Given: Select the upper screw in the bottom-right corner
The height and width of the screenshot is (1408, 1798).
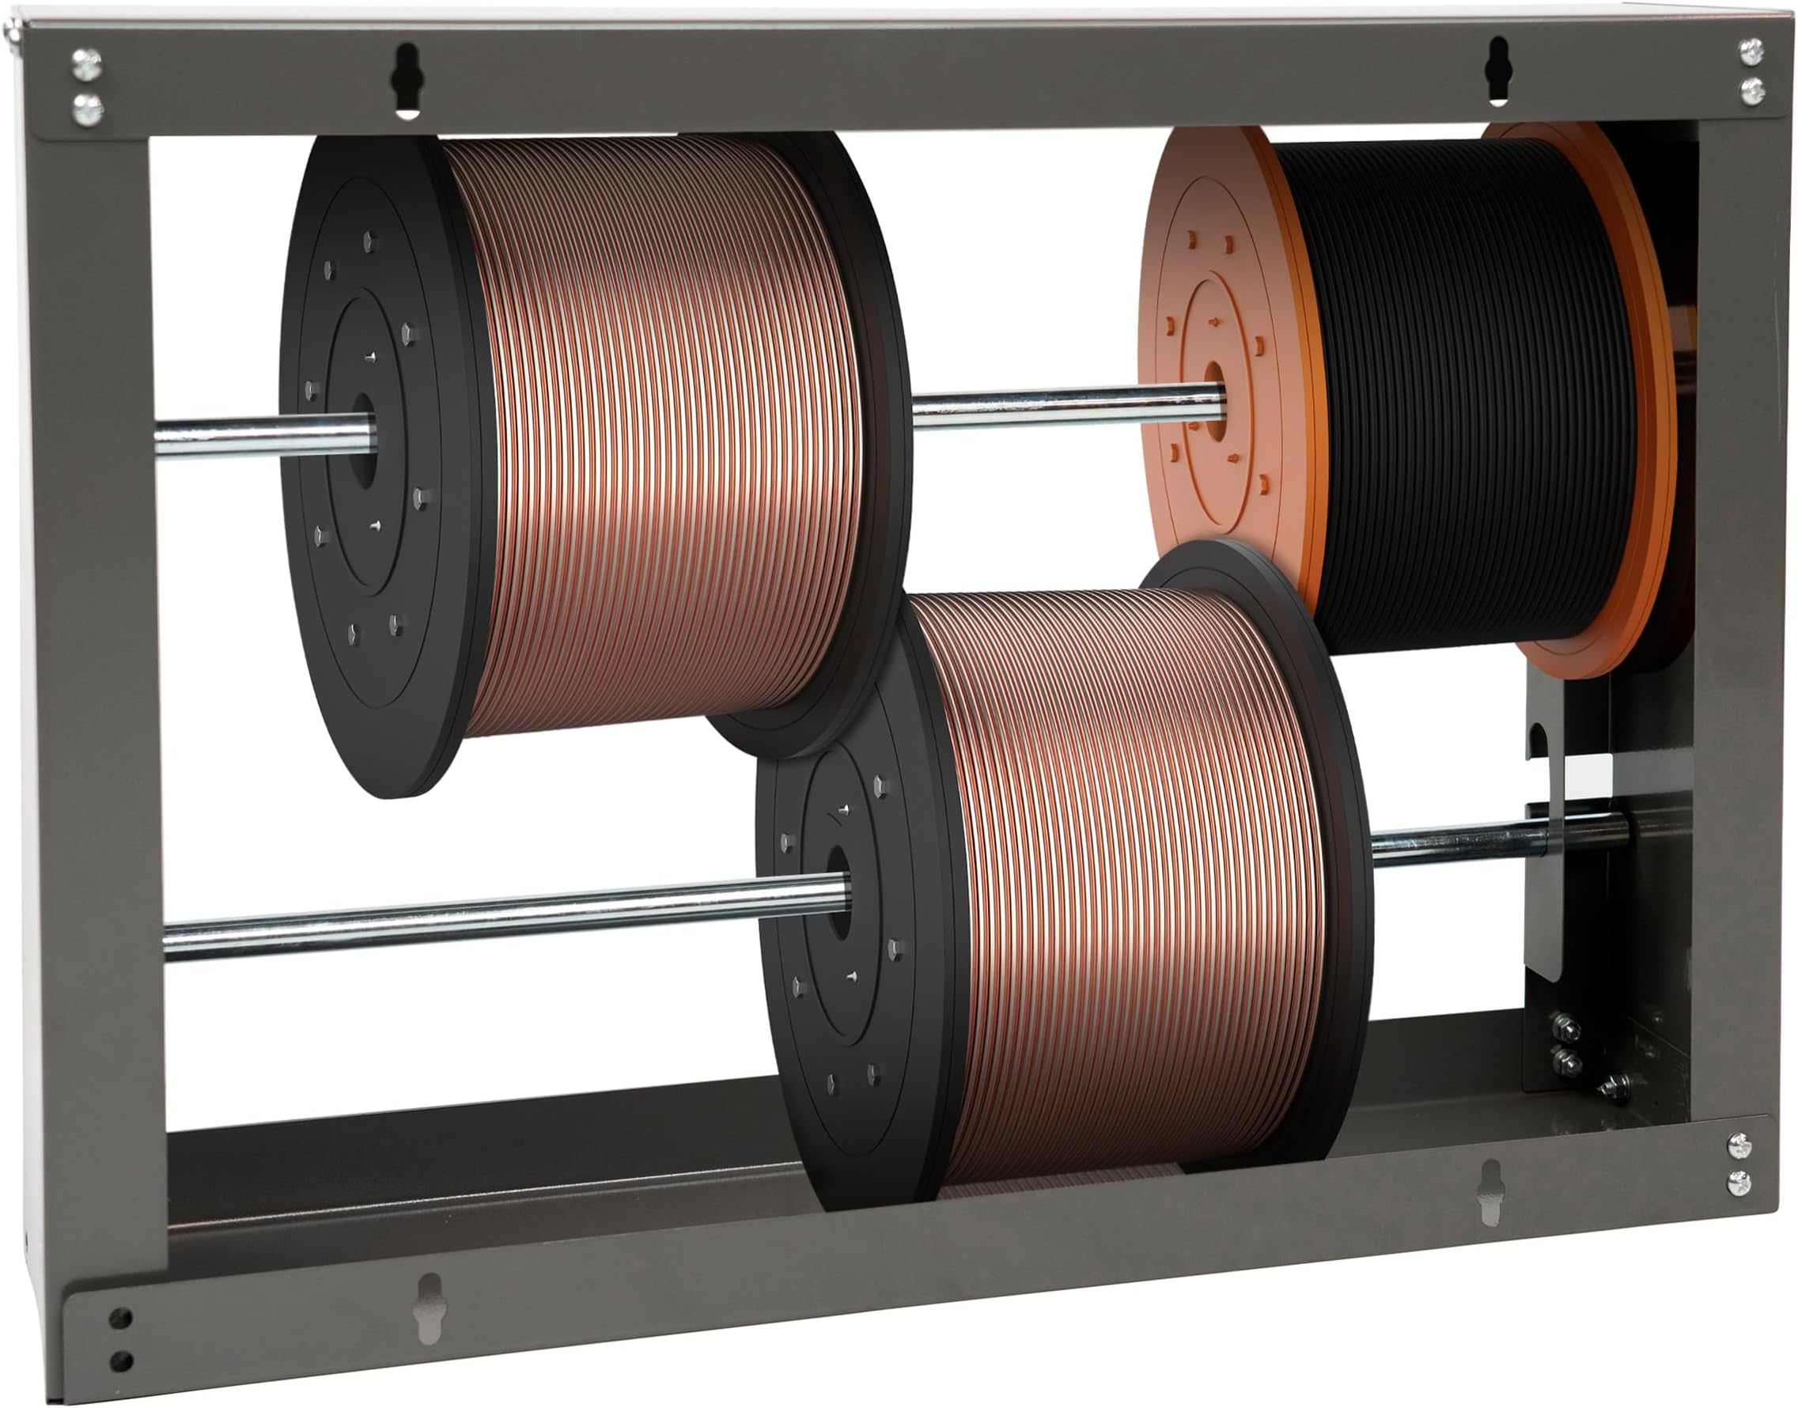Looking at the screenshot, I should [1738, 1145].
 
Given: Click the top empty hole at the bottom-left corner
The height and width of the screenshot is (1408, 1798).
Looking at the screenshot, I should [120, 1317].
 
